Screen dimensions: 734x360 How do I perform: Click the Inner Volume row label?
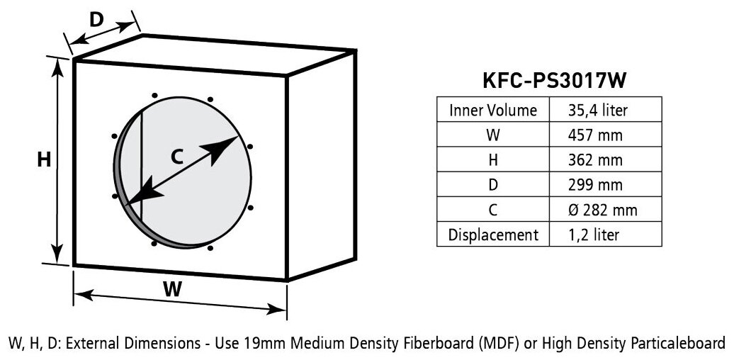pyautogui.click(x=492, y=110)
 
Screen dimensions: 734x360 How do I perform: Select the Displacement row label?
pyautogui.click(x=492, y=235)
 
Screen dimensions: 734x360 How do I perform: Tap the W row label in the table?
pyautogui.click(x=492, y=135)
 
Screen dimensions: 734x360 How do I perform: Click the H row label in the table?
pyautogui.click(x=492, y=159)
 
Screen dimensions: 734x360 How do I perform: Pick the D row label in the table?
pyautogui.click(x=492, y=184)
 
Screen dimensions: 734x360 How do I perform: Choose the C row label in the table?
pyautogui.click(x=492, y=210)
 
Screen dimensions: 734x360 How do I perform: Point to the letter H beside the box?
pyautogui.click(x=44, y=160)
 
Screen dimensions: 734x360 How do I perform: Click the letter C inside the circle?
pyautogui.click(x=178, y=157)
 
